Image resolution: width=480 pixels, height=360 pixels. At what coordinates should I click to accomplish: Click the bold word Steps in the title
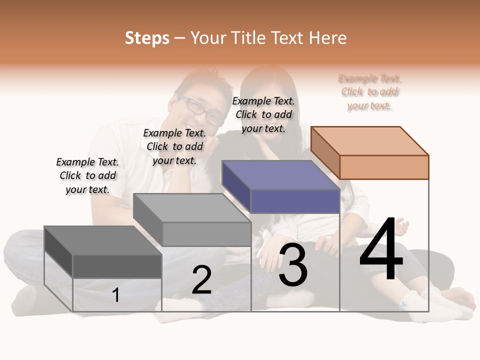click(x=147, y=38)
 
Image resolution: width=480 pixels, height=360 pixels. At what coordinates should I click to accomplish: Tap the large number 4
click(x=381, y=250)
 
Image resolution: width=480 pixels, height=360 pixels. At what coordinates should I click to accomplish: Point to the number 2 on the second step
click(x=201, y=280)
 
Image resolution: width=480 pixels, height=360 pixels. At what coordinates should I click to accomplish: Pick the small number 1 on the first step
click(x=116, y=295)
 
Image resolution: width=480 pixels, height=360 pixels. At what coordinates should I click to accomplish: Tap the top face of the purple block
click(x=280, y=175)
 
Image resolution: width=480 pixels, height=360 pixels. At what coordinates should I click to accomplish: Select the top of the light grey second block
click(x=192, y=208)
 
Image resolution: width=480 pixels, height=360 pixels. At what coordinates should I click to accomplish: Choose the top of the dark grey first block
click(x=103, y=240)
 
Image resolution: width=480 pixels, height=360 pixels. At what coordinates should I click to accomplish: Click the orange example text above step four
click(x=370, y=92)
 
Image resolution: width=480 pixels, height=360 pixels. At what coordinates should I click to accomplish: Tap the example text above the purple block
click(x=263, y=114)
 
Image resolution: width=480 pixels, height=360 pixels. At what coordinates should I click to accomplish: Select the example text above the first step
click(x=87, y=175)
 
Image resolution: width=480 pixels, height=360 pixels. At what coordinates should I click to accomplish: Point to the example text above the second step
click(x=174, y=146)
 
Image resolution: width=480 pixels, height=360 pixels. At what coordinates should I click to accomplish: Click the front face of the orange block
click(x=384, y=167)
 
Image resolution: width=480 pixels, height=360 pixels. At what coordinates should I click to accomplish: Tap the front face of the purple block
click(x=295, y=201)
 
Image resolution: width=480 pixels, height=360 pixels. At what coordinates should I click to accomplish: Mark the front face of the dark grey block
click(x=117, y=266)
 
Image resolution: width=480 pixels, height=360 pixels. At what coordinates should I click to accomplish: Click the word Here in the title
click(x=327, y=38)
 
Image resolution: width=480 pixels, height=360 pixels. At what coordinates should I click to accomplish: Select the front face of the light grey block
click(x=206, y=234)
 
